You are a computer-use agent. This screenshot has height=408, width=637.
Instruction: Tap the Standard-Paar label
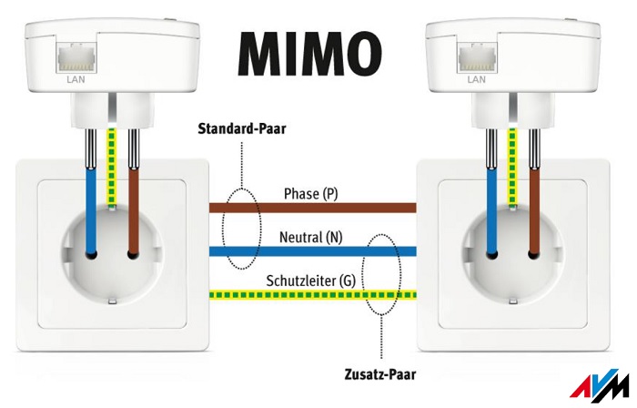coord(241,128)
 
